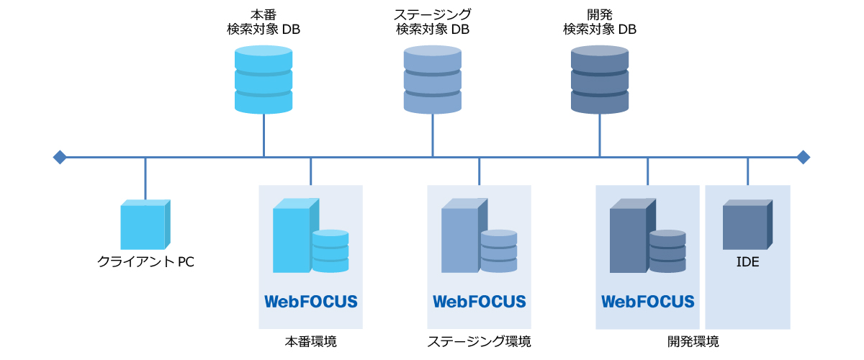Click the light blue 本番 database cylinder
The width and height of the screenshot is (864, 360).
pyautogui.click(x=264, y=79)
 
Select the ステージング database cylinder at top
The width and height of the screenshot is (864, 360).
pyautogui.click(x=432, y=79)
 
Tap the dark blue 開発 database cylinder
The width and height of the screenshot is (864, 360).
pyautogui.click(x=600, y=79)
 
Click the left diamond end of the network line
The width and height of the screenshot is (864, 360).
pyautogui.click(x=60, y=157)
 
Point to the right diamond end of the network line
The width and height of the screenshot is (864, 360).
pyautogui.click(x=804, y=157)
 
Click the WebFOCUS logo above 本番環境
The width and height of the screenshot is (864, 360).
pyautogui.click(x=310, y=301)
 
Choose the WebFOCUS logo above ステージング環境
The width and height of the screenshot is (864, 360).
pyautogui.click(x=479, y=301)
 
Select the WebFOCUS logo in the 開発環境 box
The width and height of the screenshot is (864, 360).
pyautogui.click(x=647, y=301)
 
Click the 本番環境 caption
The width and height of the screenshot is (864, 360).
pyautogui.click(x=310, y=341)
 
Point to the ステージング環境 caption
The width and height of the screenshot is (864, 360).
pyautogui.click(x=479, y=341)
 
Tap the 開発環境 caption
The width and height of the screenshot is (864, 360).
pyautogui.click(x=693, y=341)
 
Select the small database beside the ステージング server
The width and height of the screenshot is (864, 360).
pyautogui.click(x=499, y=251)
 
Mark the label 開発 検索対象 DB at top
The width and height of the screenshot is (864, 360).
pyautogui.click(x=600, y=22)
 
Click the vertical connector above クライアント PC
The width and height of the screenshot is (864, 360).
pyautogui.click(x=145, y=179)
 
